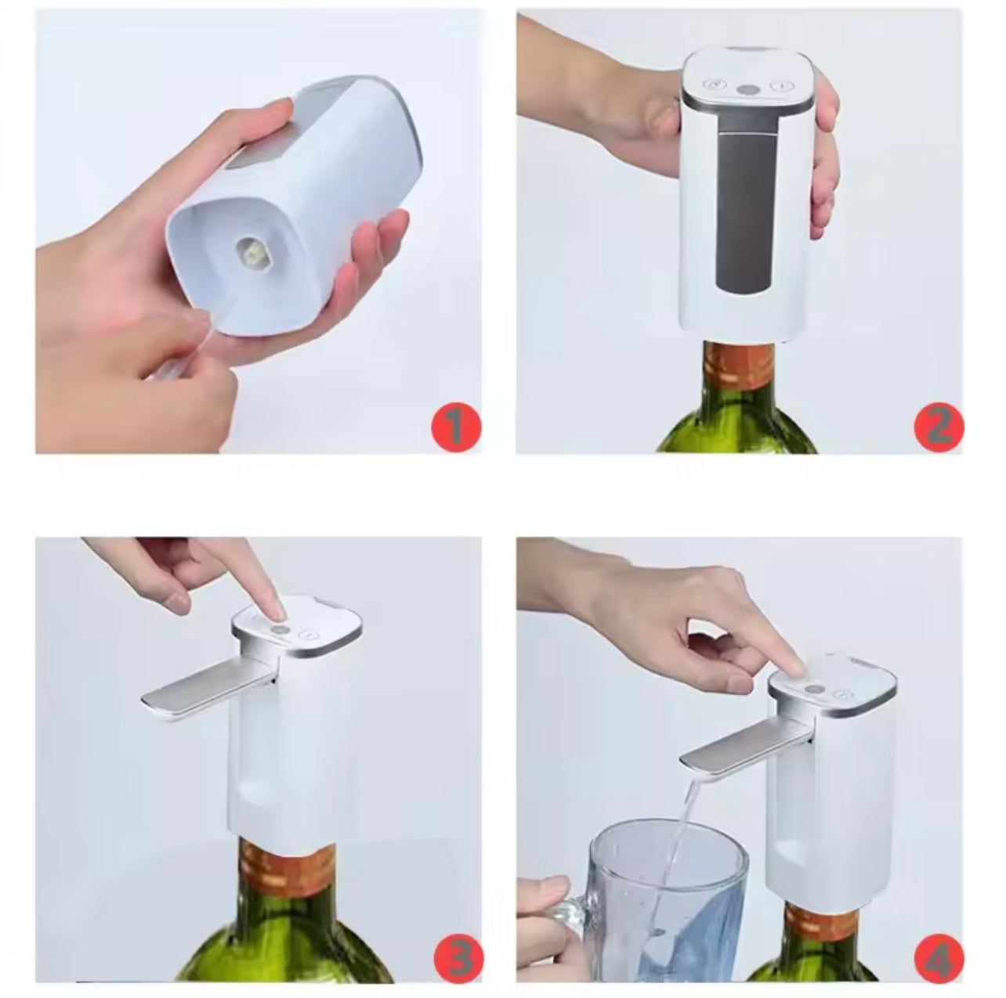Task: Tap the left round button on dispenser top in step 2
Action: (x=713, y=85)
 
